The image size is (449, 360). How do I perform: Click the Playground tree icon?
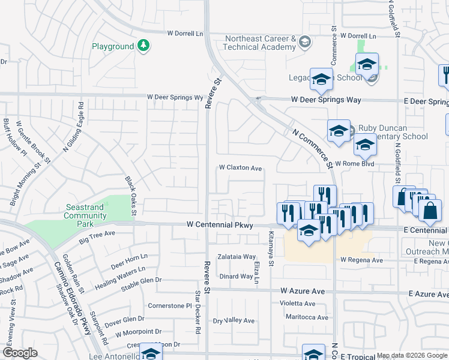143,46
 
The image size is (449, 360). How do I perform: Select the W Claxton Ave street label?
241,169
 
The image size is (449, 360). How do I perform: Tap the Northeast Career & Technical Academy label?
261,43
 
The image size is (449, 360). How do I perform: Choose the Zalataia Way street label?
237,256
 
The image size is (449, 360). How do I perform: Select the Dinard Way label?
236,277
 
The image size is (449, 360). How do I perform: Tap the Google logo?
20,353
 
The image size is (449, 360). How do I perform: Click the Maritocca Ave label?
307,317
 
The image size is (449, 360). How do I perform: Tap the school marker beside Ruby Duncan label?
339,132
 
